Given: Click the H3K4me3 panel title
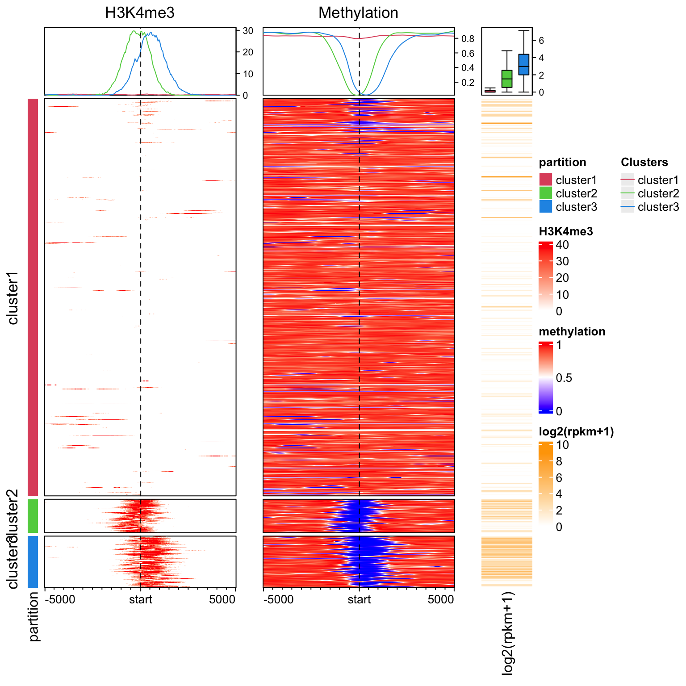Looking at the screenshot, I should [x=140, y=13].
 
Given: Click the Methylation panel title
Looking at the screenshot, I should [x=358, y=13].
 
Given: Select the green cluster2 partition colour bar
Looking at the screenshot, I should [x=33, y=516].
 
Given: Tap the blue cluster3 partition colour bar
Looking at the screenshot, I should [x=33, y=562].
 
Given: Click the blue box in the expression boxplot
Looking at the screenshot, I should [x=523, y=64].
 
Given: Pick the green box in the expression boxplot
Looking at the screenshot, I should [x=506, y=79].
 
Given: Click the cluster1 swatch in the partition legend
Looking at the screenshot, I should [x=546, y=180].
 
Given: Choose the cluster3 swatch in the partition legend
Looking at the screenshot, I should [x=546, y=207].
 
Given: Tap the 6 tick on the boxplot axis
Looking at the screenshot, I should [x=541, y=40].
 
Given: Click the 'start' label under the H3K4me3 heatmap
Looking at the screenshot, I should [x=141, y=599].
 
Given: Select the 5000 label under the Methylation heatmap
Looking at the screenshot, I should [x=441, y=599].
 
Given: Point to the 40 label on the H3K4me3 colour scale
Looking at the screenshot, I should [x=562, y=245].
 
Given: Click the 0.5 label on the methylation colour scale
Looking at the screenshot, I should [x=564, y=378].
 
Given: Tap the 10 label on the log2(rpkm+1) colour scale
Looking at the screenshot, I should [x=562, y=445].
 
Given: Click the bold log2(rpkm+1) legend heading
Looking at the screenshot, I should [x=576, y=432].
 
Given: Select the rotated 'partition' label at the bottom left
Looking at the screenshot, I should [x=34, y=617].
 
